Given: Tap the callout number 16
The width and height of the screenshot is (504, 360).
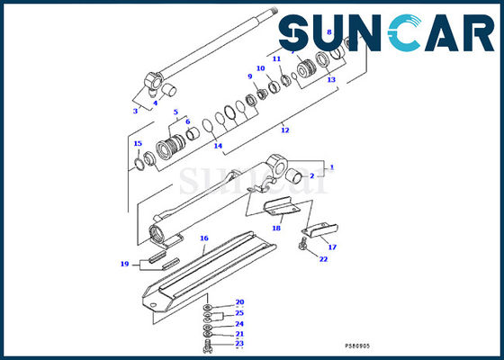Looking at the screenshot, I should pos(204,238).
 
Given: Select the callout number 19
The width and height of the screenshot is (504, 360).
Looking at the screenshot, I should pos(125,264).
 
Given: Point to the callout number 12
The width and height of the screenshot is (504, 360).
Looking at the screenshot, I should pos(284,130).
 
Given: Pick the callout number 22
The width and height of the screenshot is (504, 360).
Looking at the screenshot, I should pos(322,259).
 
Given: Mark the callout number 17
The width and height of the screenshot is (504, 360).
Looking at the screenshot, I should pos(331,247).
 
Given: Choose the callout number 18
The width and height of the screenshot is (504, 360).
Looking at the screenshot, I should pos(276,229).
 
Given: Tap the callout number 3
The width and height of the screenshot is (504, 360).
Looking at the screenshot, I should pos(136,111).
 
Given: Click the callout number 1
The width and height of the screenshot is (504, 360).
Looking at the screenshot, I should pos(330,166).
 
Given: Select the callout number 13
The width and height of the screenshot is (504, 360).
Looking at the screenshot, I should pos(331,80).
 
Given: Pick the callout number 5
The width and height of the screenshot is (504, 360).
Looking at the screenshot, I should pos(175,112).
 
